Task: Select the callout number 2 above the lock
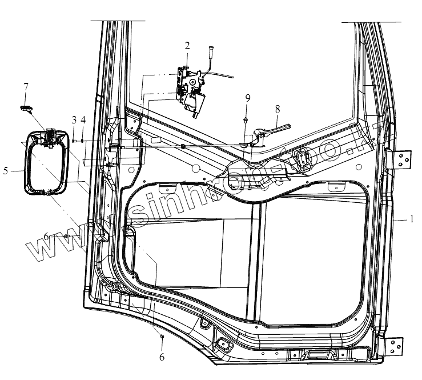click(x=187, y=45)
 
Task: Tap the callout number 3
click(x=74, y=119)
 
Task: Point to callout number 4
click(x=83, y=119)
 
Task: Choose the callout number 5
click(x=6, y=170)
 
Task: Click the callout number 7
click(x=26, y=87)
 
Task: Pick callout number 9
click(x=247, y=98)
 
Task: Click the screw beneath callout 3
click(x=74, y=140)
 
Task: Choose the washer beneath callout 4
click(x=83, y=140)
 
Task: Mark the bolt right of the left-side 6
click(x=67, y=236)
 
